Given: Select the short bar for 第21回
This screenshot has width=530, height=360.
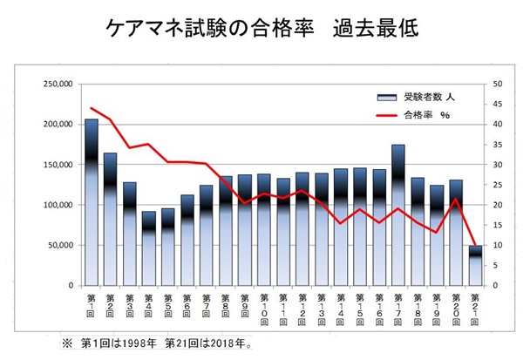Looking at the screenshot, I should point(475,265).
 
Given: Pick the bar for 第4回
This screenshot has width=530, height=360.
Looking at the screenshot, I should point(149,248).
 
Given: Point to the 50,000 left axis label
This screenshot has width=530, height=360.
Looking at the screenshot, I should point(59,246).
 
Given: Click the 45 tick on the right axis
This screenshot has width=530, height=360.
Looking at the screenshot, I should point(497,105).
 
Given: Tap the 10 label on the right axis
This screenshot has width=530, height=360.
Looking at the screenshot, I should point(497,246).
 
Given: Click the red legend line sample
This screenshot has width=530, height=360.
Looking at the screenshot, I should point(384,114).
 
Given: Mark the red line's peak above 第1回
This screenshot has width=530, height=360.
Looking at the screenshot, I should point(91,108).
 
